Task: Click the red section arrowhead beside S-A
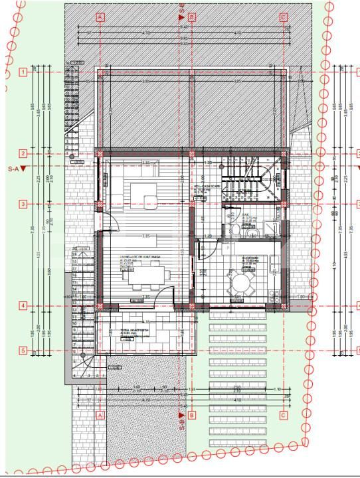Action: (x=23, y=169)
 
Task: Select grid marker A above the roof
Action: (x=100, y=17)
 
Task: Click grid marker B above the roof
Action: (x=191, y=17)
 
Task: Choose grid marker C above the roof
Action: (x=283, y=17)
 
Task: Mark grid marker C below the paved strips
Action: (x=283, y=416)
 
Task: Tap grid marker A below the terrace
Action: (x=100, y=415)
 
